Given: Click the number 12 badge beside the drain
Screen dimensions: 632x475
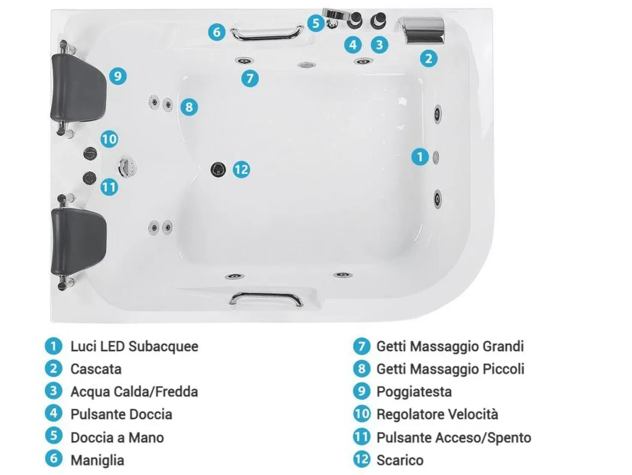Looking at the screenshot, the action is pyautogui.click(x=241, y=170).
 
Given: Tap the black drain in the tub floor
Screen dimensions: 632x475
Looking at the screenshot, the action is pyautogui.click(x=218, y=170).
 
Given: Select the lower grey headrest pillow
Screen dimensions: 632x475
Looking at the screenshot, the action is pyautogui.click(x=78, y=241).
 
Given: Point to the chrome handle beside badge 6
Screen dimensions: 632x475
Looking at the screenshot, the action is pyautogui.click(x=267, y=32).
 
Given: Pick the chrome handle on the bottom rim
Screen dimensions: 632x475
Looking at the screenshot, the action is pyautogui.click(x=266, y=299).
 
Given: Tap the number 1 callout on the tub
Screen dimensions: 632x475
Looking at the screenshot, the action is pyautogui.click(x=420, y=157).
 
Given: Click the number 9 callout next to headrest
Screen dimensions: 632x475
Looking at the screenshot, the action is pyautogui.click(x=118, y=76).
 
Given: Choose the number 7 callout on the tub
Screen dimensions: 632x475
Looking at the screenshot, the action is pyautogui.click(x=250, y=78).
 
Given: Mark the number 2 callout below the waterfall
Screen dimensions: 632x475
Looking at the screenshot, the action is pyautogui.click(x=429, y=59).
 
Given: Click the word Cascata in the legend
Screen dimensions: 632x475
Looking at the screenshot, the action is pyautogui.click(x=96, y=369).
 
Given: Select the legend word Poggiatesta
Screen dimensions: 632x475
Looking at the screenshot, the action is pyautogui.click(x=414, y=392).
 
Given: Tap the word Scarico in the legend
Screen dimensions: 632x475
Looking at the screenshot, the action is pyautogui.click(x=400, y=460).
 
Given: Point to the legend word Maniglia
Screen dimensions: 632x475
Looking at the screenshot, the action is pyautogui.click(x=97, y=460).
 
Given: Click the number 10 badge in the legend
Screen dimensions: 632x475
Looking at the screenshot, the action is pyautogui.click(x=362, y=414).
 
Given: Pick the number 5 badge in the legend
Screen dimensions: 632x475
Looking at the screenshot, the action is pyautogui.click(x=54, y=436).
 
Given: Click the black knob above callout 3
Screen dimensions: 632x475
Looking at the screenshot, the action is pyautogui.click(x=378, y=20).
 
